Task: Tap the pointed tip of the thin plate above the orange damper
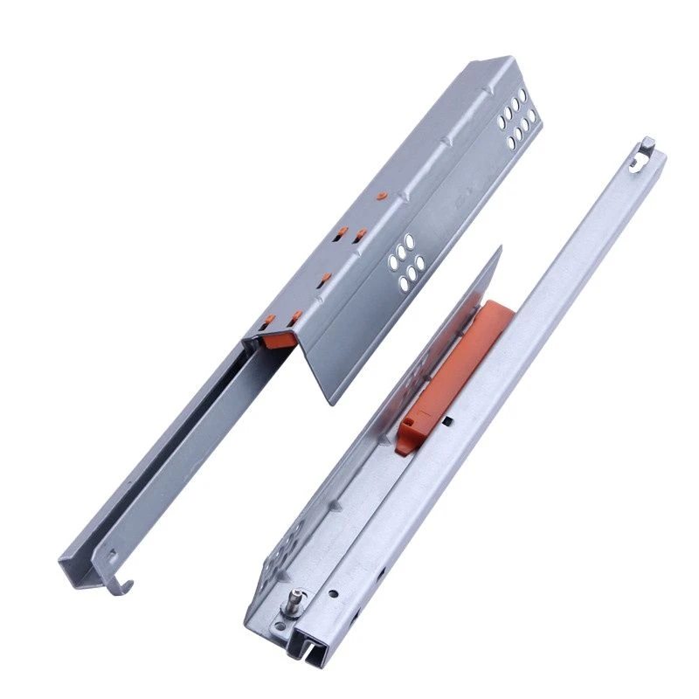point(499,250)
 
